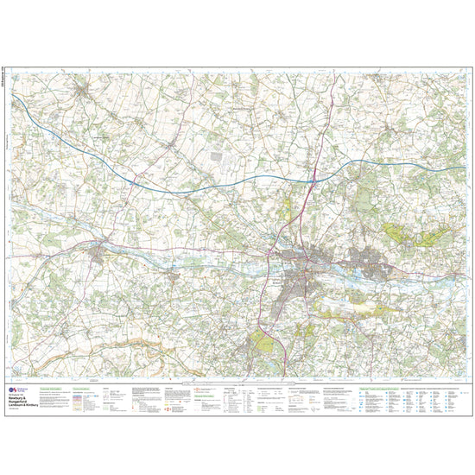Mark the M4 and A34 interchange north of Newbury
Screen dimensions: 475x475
coord(313,179)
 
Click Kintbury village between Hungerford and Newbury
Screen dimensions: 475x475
coord(173,275)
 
